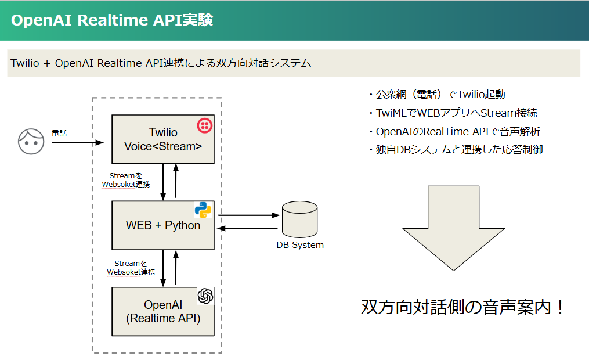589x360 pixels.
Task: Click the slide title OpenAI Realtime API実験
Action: click(111, 20)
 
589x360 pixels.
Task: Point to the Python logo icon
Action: click(203, 210)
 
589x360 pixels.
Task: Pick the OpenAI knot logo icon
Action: click(205, 296)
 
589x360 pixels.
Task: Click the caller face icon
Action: click(31, 141)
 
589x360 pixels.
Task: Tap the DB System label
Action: click(299, 245)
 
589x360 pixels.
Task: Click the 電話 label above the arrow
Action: click(59, 134)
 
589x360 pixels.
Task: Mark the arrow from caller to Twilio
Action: click(78, 142)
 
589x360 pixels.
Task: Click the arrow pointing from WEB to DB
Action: click(248, 215)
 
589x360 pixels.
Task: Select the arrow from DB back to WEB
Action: click(248, 228)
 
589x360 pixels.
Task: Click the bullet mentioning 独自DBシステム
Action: click(456, 150)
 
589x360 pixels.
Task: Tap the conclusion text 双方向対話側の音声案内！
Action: click(462, 307)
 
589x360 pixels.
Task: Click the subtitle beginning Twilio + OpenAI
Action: click(161, 63)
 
